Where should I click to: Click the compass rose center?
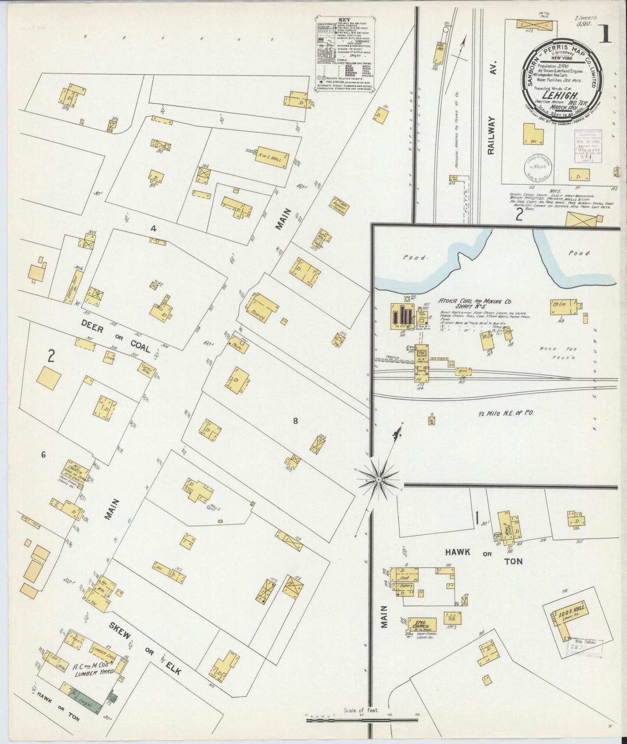(378, 480)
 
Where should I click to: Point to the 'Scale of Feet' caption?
(361, 711)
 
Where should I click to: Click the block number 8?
(295, 420)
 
